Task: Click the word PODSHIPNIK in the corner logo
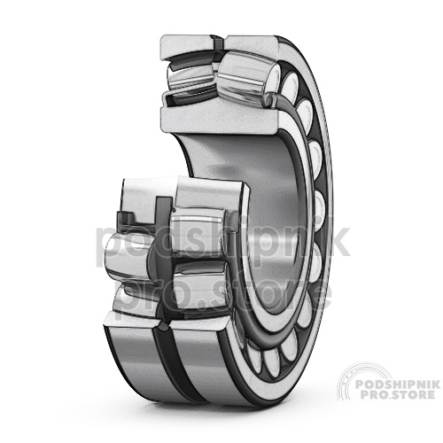tap(398, 385)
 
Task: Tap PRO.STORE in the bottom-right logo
tap(394, 395)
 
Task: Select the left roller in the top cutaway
tap(190, 77)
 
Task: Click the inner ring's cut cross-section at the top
tap(219, 118)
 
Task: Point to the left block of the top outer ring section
tap(187, 46)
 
